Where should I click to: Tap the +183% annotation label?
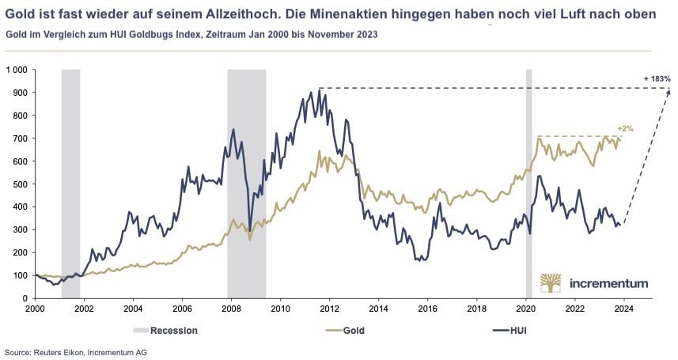[657, 79]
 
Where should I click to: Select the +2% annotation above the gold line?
[624, 128]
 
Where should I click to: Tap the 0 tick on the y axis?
[25, 298]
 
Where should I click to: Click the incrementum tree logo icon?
[552, 283]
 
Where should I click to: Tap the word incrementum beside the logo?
[609, 283]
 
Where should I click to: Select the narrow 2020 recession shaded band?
[529, 182]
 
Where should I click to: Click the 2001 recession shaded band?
[70, 182]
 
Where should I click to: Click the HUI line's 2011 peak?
[310, 92]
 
